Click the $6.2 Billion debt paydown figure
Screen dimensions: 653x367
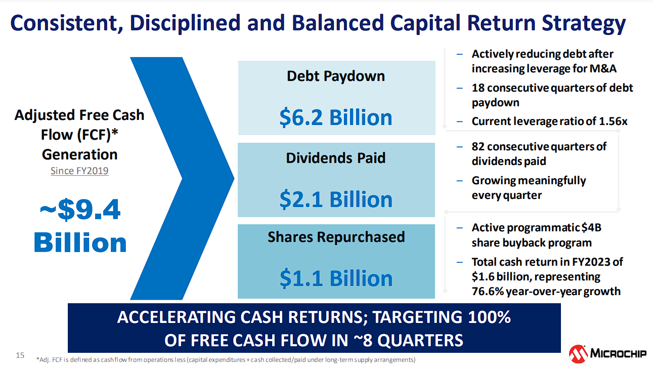(336, 117)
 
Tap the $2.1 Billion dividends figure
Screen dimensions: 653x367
(336, 199)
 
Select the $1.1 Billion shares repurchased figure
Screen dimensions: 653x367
(336, 278)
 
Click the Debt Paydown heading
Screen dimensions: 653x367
(336, 76)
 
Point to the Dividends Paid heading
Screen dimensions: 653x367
(336, 158)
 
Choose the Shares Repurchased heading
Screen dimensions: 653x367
(336, 237)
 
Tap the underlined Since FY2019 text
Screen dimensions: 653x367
(79, 171)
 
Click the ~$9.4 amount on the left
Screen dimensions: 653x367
(80, 210)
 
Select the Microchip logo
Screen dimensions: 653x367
(607, 354)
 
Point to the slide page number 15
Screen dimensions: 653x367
(20, 355)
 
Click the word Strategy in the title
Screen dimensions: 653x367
(584, 23)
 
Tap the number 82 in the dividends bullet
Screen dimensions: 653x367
(478, 147)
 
